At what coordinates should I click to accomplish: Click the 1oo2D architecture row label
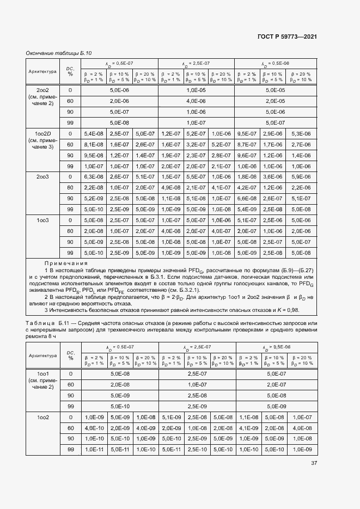pos(43,133)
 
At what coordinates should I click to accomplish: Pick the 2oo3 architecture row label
pos(43,177)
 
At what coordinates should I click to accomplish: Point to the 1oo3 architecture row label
pos(43,220)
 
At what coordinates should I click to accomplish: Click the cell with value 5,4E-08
pos(93,133)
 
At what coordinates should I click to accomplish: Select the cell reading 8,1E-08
pos(93,144)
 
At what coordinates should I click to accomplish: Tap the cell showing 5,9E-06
pos(301,177)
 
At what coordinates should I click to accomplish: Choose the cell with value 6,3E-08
pos(93,177)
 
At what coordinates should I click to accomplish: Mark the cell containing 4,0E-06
pos(196,101)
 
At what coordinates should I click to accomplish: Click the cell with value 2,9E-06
pos(272,133)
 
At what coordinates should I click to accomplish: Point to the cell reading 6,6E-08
pos(247,198)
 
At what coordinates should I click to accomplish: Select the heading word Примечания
pos(64,263)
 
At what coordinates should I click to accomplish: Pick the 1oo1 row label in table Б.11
pos(43,374)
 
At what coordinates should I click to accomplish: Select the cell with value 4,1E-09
pos(247,428)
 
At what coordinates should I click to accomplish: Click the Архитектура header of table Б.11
pos(43,355)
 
